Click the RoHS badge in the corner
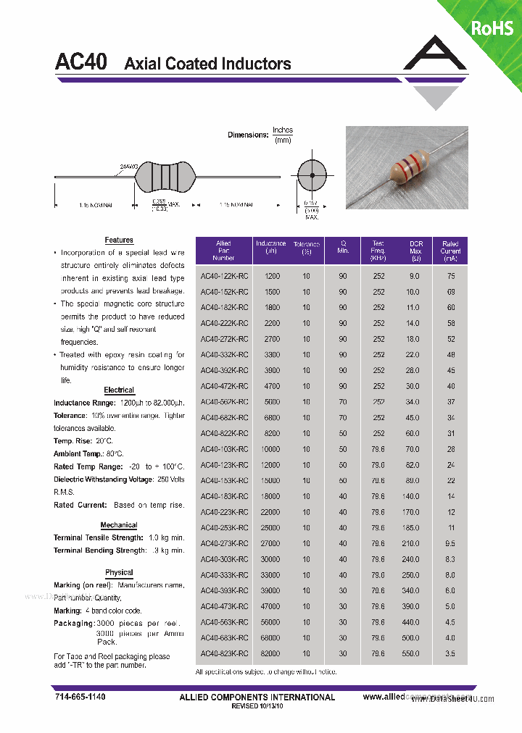[492, 28]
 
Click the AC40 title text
[81, 62]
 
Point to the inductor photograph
[405, 166]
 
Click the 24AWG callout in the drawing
[129, 167]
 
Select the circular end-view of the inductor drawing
[312, 176]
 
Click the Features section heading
[119, 240]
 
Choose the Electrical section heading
[119, 390]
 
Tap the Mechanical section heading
[119, 525]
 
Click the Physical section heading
[119, 572]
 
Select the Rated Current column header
[450, 251]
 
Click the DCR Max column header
[415, 251]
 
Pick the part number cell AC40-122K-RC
[224, 276]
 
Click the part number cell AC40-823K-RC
[224, 654]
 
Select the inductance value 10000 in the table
[272, 449]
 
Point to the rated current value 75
[451, 276]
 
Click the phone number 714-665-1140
[80, 697]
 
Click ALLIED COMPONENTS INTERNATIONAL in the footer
[257, 698]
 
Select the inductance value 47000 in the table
[272, 607]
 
